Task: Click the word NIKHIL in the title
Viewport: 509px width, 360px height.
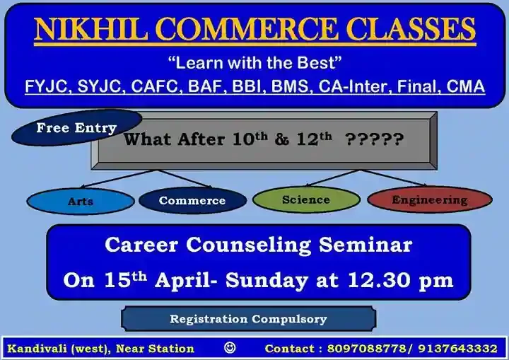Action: click(91, 29)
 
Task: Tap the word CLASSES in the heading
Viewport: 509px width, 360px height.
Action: click(411, 29)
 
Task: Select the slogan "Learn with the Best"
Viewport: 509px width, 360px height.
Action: click(255, 62)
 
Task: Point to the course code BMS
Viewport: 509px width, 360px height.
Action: click(290, 87)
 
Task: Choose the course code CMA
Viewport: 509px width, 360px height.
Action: click(465, 86)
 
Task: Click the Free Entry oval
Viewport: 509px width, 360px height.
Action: click(76, 127)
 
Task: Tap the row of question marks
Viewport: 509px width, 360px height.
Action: click(374, 139)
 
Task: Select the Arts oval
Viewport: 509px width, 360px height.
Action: click(81, 201)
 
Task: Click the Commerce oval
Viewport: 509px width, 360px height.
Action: click(192, 200)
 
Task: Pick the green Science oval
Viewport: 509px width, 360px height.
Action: click(306, 199)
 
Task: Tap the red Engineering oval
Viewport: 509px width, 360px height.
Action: click(430, 199)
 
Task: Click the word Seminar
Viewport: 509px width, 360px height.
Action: click(365, 245)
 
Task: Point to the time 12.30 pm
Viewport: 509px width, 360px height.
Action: click(400, 280)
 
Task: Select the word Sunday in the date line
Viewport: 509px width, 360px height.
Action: click(267, 280)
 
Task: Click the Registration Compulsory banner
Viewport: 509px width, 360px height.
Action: click(249, 319)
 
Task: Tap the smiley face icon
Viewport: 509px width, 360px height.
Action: click(230, 348)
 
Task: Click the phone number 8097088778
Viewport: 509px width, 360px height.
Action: click(366, 348)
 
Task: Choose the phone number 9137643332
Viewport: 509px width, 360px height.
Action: click(457, 348)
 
